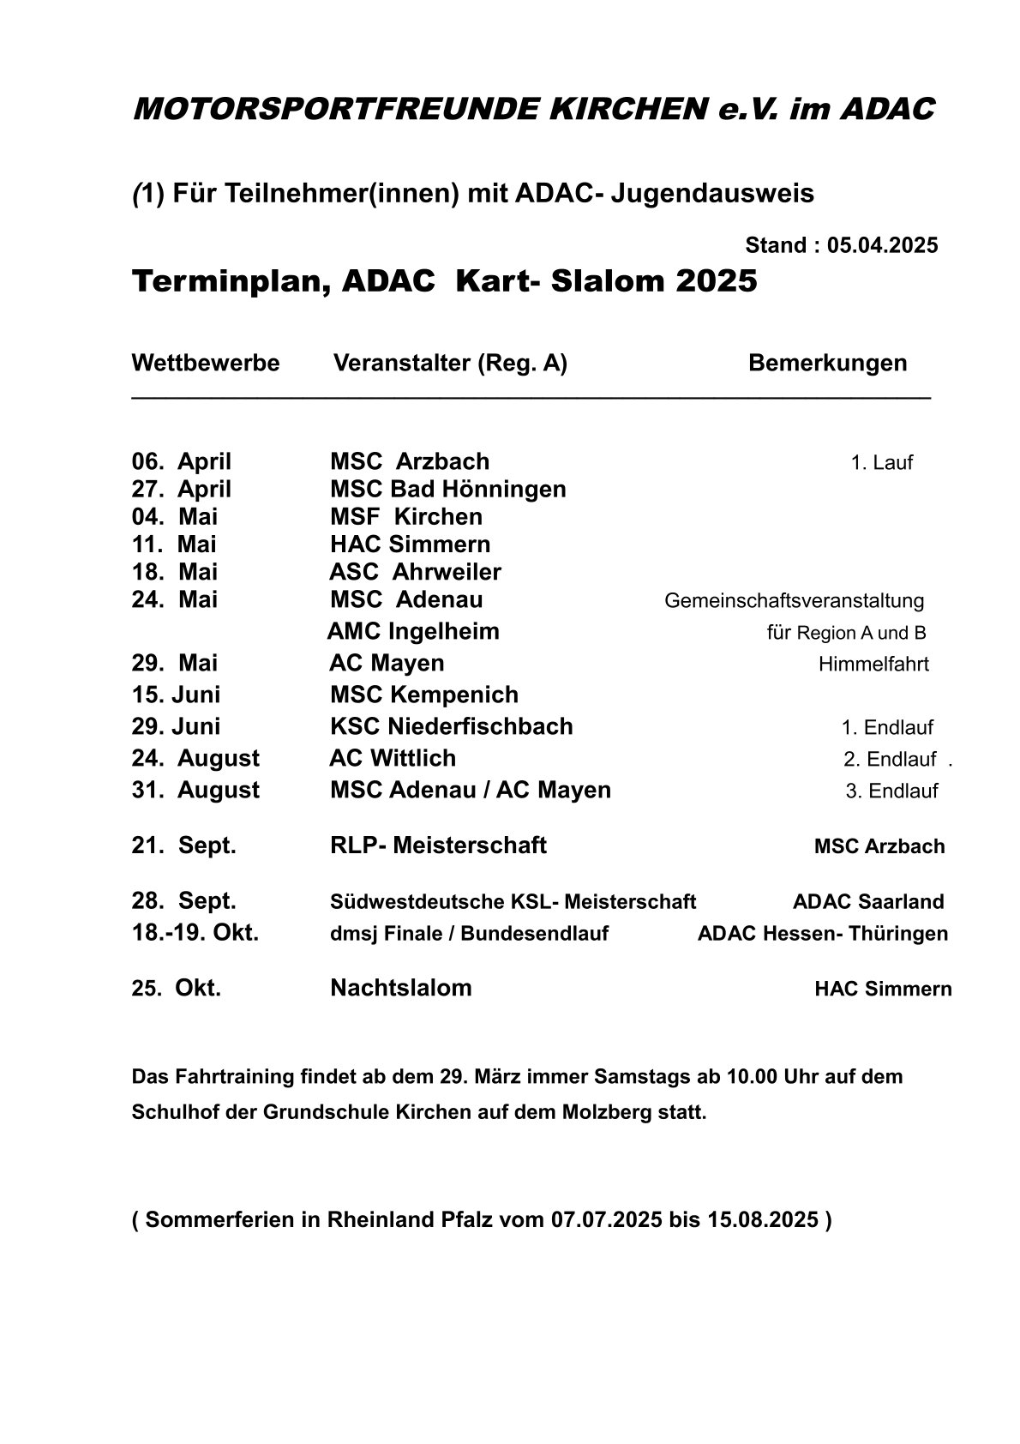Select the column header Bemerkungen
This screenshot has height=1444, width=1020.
pyautogui.click(x=827, y=363)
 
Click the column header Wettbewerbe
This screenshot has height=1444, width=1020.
pyautogui.click(x=206, y=363)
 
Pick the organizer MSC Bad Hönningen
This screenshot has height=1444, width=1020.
pyautogui.click(x=447, y=490)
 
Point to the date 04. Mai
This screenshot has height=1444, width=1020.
pyautogui.click(x=175, y=517)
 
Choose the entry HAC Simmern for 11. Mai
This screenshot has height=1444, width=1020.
pyautogui.click(x=410, y=545)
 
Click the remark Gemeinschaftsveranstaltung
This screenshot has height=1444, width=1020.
pyautogui.click(x=794, y=601)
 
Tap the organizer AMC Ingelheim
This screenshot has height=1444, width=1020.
pyautogui.click(x=413, y=632)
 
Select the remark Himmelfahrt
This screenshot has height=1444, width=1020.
pyautogui.click(x=873, y=665)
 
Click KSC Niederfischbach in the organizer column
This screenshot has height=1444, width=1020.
pyautogui.click(x=451, y=727)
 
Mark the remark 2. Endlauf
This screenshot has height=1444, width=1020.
pyautogui.click(x=890, y=760)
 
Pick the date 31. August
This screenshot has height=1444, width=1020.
pyautogui.click(x=195, y=791)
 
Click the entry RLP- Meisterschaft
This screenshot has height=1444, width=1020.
pyautogui.click(x=438, y=845)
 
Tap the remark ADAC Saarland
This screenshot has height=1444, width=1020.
pyautogui.click(x=868, y=902)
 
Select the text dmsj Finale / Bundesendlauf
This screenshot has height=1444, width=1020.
pyautogui.click(x=469, y=934)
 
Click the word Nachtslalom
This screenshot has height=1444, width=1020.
pyautogui.click(x=400, y=988)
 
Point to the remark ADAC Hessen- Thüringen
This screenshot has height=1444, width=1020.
pyautogui.click(x=823, y=934)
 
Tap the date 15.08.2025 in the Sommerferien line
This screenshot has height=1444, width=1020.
pyautogui.click(x=763, y=1220)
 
